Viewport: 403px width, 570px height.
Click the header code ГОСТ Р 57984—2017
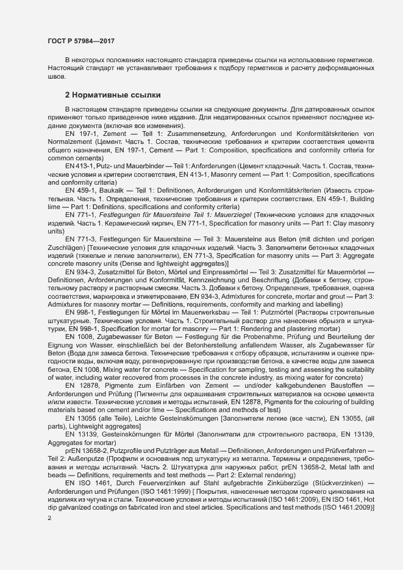coord(80,41)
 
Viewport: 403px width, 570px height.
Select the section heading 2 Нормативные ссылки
coord(113,95)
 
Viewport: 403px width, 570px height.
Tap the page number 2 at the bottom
coord(49,518)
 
